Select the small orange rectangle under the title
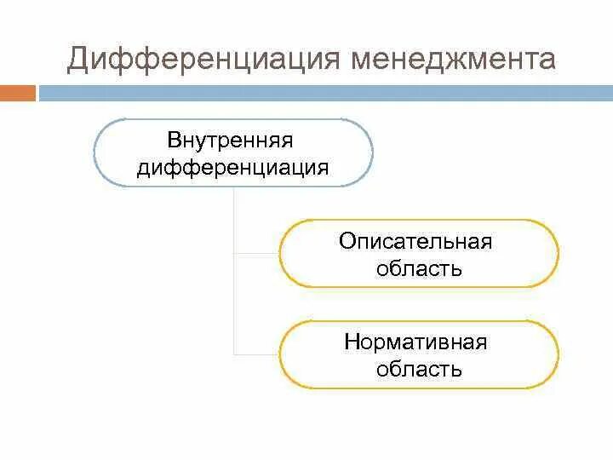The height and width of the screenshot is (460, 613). point(18,93)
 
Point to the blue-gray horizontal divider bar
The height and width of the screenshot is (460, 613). point(324,93)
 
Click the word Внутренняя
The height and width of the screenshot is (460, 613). point(232,139)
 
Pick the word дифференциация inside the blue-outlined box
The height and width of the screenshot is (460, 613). point(232,167)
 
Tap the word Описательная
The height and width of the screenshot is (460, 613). point(415,241)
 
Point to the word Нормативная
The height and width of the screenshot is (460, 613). point(415,342)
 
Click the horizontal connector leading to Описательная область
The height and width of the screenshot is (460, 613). point(256,254)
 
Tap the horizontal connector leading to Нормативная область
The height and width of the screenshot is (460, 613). point(256,354)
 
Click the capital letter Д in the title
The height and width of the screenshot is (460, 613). point(78,60)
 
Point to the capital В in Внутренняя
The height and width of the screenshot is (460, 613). point(174,139)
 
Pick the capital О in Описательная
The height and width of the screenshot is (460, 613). point(347,241)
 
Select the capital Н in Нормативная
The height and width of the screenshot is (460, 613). point(352,342)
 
